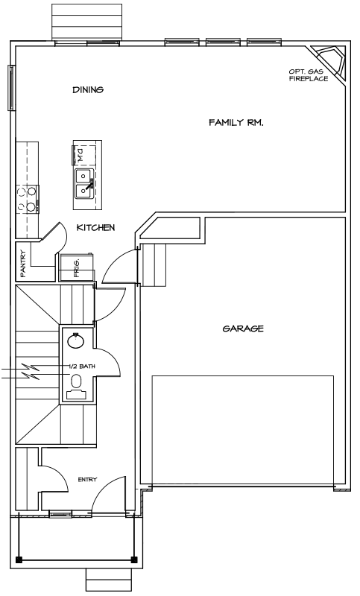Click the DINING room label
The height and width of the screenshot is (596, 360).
[x=88, y=89]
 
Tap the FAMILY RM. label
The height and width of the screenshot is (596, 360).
[x=236, y=122]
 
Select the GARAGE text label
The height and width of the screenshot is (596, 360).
[x=243, y=329]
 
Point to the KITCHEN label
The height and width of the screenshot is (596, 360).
[x=96, y=228]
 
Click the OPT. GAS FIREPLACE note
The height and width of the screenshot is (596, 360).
[x=309, y=75]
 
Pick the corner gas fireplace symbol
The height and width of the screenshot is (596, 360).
[x=329, y=63]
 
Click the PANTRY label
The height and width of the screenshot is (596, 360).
[x=23, y=263]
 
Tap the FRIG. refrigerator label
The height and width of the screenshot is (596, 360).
[x=77, y=268]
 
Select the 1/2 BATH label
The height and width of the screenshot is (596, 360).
[x=82, y=367]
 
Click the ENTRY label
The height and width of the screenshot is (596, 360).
[x=87, y=480]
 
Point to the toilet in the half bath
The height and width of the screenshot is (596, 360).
[x=77, y=387]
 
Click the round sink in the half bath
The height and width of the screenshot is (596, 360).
[x=75, y=340]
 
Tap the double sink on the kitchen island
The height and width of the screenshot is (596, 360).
[x=84, y=184]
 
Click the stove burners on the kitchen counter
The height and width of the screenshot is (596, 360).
[x=28, y=199]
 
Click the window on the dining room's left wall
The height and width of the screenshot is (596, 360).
[x=11, y=88]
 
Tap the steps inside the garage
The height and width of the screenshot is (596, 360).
[x=154, y=265]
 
